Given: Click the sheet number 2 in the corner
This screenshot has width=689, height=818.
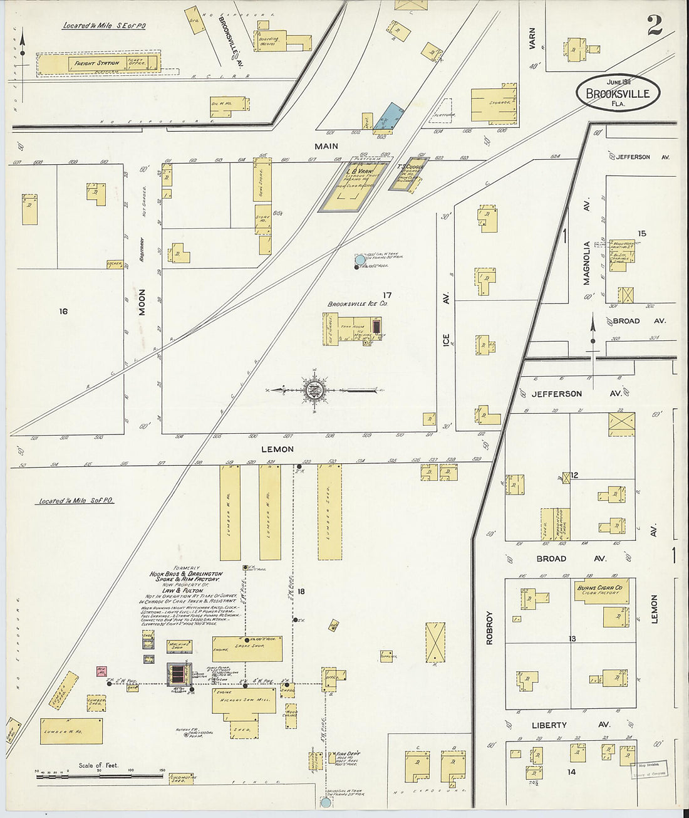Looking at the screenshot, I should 655,25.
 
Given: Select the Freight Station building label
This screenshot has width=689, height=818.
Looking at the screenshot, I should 96,63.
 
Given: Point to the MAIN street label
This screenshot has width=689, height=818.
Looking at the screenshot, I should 326,146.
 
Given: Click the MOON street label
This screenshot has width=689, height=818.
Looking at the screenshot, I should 142,302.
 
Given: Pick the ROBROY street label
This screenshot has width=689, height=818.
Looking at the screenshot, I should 490,627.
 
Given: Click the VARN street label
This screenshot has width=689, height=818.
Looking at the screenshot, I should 532,38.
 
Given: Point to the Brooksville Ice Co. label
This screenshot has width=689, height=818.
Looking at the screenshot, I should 358,304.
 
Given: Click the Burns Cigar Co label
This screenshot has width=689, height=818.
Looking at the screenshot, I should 599,588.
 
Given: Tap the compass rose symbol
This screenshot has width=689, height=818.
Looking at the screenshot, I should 313,391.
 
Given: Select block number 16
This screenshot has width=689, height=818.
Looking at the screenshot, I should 63,311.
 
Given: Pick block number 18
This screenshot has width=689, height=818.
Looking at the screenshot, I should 301,591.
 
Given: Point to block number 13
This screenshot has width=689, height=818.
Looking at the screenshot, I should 572,639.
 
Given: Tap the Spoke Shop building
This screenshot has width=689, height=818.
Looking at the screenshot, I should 247,648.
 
